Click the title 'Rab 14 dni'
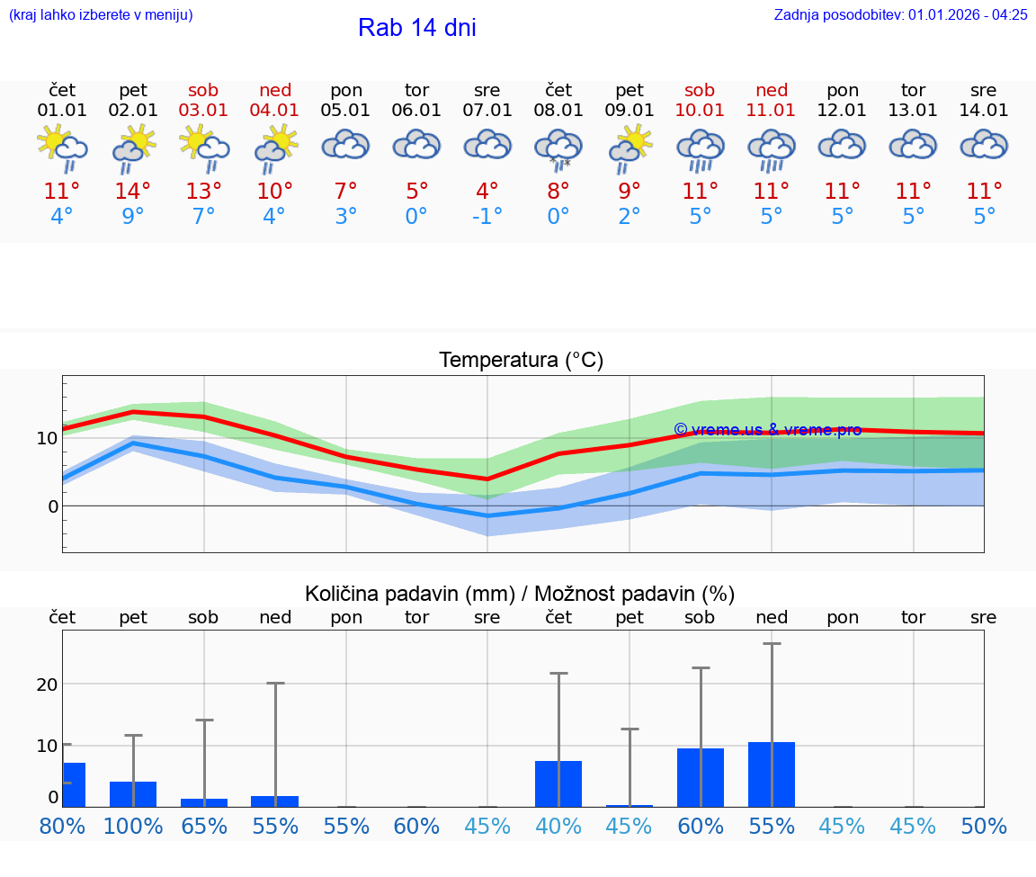[x=416, y=28]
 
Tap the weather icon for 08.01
[x=558, y=149]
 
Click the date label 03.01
[x=204, y=110]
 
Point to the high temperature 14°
[x=133, y=191]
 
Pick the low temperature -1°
[x=487, y=217]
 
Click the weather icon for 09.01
[x=630, y=149]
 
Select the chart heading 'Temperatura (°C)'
[x=521, y=361]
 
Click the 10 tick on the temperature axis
[x=48, y=438]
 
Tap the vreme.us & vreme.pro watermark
[x=767, y=430]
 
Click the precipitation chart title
[x=520, y=594]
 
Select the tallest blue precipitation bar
[x=772, y=774]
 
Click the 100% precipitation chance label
[x=133, y=827]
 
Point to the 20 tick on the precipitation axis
[x=48, y=684]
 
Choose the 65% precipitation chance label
[x=204, y=827]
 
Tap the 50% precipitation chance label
[x=984, y=827]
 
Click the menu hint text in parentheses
[x=101, y=14]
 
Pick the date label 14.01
[x=984, y=110]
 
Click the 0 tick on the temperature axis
[x=53, y=506]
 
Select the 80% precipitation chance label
[x=62, y=827]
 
